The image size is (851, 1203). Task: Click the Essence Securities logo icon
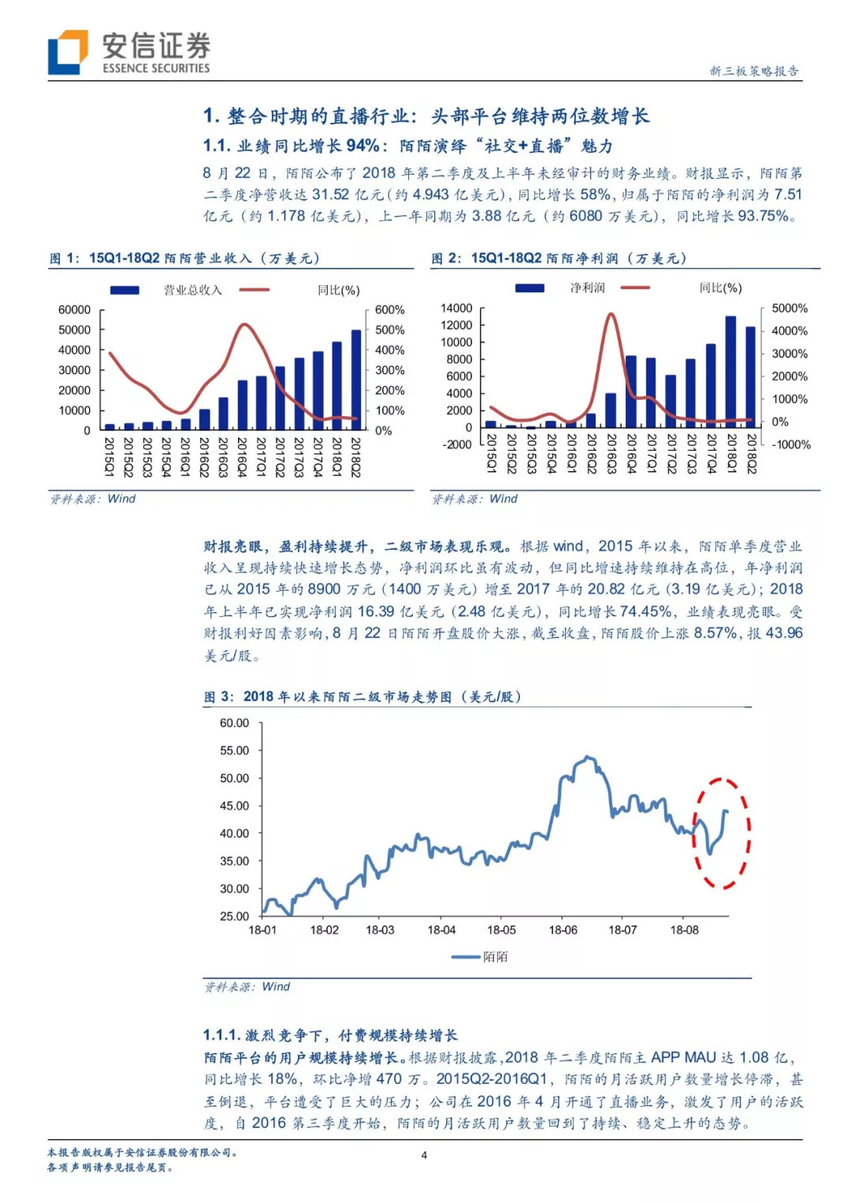(68, 53)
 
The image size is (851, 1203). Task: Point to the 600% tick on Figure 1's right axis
(389, 310)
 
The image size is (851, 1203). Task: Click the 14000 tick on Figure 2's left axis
(456, 308)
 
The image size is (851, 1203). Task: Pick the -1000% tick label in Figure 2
(790, 445)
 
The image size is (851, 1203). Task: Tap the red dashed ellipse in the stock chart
(721, 833)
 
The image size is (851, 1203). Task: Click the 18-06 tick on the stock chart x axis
(563, 930)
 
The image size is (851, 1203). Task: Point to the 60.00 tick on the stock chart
(234, 723)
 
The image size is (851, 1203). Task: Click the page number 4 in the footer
(424, 1156)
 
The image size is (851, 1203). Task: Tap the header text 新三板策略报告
(754, 71)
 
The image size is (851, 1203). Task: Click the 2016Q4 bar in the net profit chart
(630, 392)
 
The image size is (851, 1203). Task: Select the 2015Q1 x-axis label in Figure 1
(110, 457)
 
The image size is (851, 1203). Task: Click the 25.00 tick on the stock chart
(234, 916)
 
